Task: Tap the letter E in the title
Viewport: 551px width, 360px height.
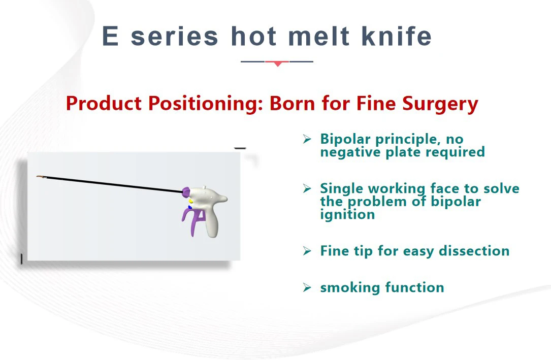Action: click(x=111, y=37)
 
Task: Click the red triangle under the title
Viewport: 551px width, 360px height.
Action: click(x=277, y=63)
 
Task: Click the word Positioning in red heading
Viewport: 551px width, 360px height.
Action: click(x=205, y=104)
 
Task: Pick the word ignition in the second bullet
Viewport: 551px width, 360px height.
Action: click(x=347, y=214)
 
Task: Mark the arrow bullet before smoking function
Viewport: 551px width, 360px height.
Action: click(x=307, y=288)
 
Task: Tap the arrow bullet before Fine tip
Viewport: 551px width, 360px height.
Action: click(x=307, y=251)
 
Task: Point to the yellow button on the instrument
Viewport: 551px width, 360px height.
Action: click(x=191, y=201)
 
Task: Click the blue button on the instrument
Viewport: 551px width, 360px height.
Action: click(x=190, y=207)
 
